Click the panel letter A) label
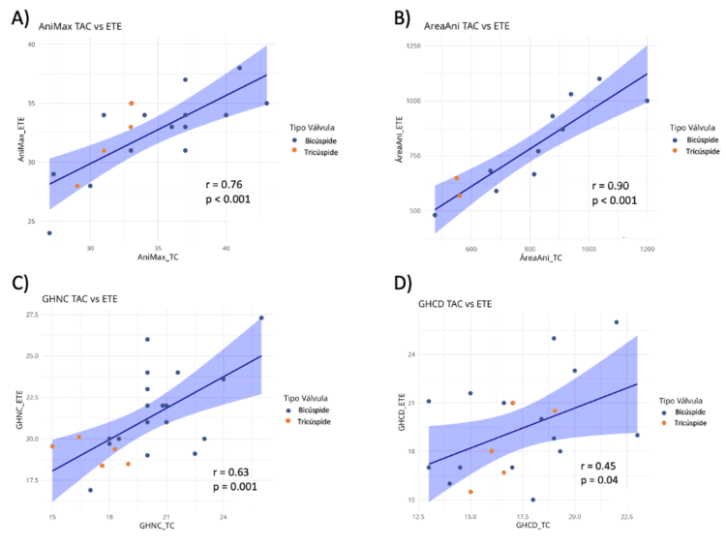20,18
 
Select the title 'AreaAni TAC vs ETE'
467,26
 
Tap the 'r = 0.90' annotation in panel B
610,186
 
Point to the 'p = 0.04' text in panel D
599,480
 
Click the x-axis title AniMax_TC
158,258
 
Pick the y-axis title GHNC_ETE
19,410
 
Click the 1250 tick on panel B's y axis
413,46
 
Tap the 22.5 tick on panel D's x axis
626,517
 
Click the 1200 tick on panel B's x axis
648,249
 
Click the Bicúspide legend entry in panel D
684,412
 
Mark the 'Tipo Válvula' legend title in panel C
306,398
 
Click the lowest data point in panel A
49,233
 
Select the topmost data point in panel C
261,318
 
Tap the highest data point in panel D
617,321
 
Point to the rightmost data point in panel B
647,101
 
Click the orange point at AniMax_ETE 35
132,104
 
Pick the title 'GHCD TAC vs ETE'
455,304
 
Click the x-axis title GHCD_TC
533,525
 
